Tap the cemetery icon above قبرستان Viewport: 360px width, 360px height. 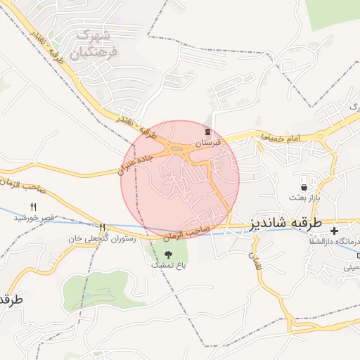pyautogui.click(x=207, y=131)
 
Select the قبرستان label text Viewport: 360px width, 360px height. pyautogui.click(x=208, y=142)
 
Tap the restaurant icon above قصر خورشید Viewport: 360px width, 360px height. pyautogui.click(x=33, y=207)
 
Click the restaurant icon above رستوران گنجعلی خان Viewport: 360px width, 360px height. pyautogui.click(x=103, y=228)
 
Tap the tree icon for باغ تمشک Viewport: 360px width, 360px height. pyautogui.click(x=168, y=255)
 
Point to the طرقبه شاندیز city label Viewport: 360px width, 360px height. pyautogui.click(x=285, y=224)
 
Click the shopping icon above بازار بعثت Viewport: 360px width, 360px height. pyautogui.click(x=304, y=188)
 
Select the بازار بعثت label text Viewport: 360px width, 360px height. pyautogui.click(x=307, y=198)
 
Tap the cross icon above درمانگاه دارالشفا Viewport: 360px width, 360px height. pyautogui.click(x=334, y=231)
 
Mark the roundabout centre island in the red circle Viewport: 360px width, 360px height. pyautogui.click(x=174, y=148)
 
